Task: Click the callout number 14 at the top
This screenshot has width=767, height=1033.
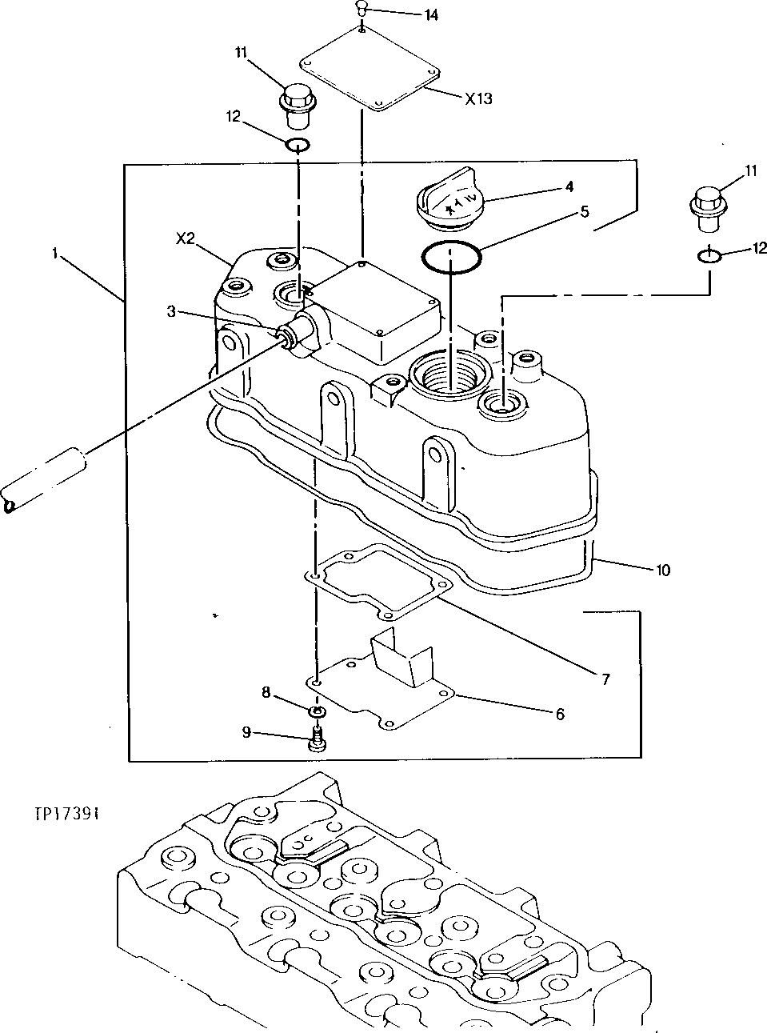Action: (430, 15)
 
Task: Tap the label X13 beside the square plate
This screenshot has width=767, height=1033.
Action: (478, 98)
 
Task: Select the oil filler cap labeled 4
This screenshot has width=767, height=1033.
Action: (449, 196)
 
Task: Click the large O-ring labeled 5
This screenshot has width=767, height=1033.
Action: (452, 257)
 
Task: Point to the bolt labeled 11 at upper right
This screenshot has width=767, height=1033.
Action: (707, 203)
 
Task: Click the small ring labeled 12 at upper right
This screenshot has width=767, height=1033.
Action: (708, 255)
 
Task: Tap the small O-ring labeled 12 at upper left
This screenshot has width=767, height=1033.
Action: (298, 146)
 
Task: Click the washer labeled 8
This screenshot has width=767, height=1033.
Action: (318, 711)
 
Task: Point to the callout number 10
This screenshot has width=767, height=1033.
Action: (663, 571)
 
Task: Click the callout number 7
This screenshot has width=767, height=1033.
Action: (605, 679)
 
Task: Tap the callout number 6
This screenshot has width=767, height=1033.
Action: (559, 714)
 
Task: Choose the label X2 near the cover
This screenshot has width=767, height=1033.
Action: (186, 238)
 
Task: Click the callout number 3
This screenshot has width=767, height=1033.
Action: (171, 312)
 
